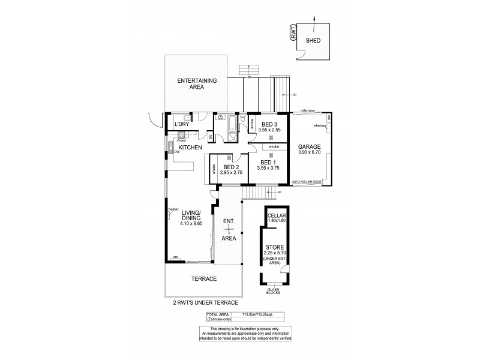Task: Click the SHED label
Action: [313, 41]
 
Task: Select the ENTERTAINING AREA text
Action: [196, 83]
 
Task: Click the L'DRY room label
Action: [182, 125]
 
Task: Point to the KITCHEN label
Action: [189, 148]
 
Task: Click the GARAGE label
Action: [309, 146]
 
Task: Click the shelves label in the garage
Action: [319, 125]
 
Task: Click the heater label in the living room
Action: [174, 209]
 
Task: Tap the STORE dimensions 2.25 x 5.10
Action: [275, 253]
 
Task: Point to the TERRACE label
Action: [204, 279]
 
